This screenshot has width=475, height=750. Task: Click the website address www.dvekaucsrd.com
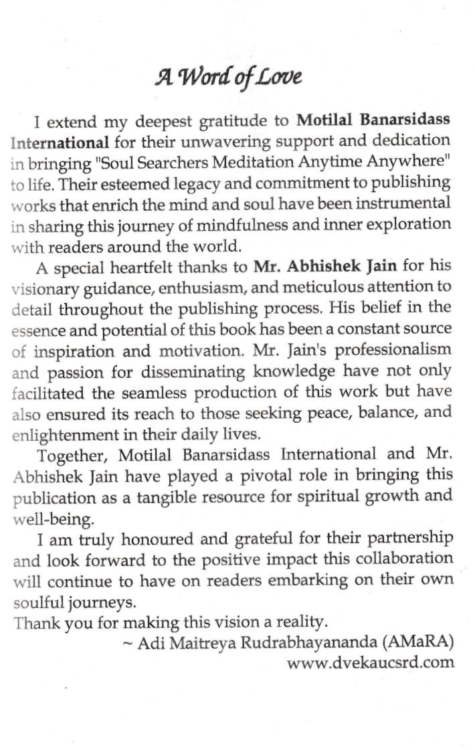(x=369, y=663)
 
